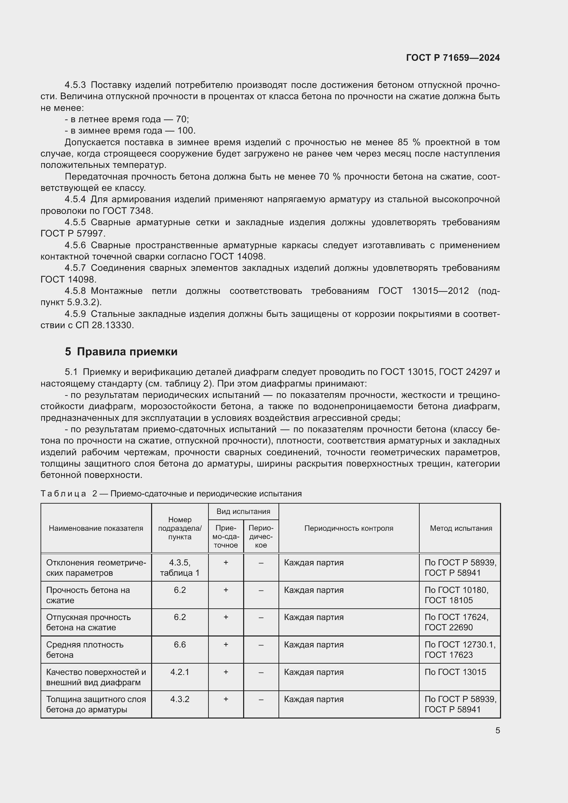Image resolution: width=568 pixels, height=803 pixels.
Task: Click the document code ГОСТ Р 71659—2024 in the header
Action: point(453,58)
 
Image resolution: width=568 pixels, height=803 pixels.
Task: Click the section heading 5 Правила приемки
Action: point(121,352)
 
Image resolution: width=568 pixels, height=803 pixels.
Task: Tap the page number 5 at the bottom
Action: point(497,730)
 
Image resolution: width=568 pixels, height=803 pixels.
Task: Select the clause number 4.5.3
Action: point(75,85)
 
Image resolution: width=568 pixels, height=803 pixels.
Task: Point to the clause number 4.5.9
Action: point(75,314)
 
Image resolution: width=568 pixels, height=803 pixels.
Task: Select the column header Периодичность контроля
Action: point(348,528)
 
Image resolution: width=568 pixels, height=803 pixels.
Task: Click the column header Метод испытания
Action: point(461,528)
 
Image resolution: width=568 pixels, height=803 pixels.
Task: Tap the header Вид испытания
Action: point(243,511)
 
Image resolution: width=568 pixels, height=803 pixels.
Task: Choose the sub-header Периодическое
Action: point(261,537)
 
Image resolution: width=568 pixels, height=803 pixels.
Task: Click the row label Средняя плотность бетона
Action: point(84,650)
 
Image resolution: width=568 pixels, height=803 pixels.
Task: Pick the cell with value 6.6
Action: point(180,645)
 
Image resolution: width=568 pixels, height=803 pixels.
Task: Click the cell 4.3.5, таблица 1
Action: point(180,567)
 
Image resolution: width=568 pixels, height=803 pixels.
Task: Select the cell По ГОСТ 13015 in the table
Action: point(455,672)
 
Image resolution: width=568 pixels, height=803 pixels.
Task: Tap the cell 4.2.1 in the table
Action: point(180,672)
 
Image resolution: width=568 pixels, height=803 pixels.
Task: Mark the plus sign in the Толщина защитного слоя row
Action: point(226,699)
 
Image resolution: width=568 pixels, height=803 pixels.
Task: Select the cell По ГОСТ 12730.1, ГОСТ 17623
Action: point(459,650)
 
